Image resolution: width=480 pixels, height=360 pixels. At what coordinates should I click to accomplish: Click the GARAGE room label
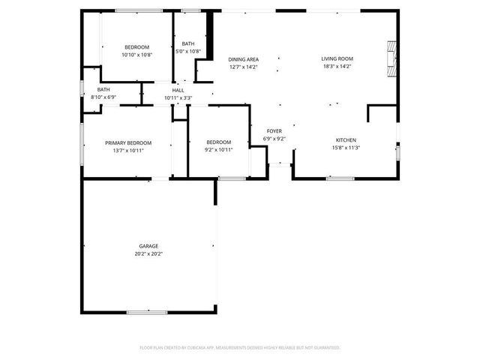pyautogui.click(x=148, y=246)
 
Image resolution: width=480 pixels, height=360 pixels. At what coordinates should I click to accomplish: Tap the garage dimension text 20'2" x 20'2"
pyautogui.click(x=148, y=254)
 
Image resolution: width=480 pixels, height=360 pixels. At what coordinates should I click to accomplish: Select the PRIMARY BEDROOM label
pyautogui.click(x=128, y=142)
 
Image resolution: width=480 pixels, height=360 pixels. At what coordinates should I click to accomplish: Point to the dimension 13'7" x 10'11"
pyautogui.click(x=128, y=151)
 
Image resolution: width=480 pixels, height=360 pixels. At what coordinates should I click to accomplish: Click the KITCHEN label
pyautogui.click(x=346, y=140)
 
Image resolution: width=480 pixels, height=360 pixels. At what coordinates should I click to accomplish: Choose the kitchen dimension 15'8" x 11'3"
pyautogui.click(x=346, y=148)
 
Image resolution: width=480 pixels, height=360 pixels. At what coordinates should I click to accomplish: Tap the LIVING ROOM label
pyautogui.click(x=337, y=58)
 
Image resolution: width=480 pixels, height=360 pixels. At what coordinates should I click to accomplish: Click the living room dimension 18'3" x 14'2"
pyautogui.click(x=337, y=67)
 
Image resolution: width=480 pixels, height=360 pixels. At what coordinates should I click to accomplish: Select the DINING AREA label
pyautogui.click(x=244, y=58)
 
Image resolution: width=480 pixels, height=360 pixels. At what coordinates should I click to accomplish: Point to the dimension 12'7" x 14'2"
pyautogui.click(x=244, y=67)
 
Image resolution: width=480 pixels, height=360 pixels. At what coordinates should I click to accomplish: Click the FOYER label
pyautogui.click(x=274, y=130)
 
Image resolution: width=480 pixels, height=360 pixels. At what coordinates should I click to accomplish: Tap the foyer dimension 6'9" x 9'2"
pyautogui.click(x=274, y=139)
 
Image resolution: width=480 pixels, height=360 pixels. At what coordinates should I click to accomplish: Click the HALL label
pyautogui.click(x=178, y=90)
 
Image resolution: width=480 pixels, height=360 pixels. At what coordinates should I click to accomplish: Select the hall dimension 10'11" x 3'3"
pyautogui.click(x=178, y=98)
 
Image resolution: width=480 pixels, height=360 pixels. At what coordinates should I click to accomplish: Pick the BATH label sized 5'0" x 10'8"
pyautogui.click(x=187, y=43)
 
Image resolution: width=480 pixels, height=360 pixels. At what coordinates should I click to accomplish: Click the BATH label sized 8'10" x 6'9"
pyautogui.click(x=103, y=89)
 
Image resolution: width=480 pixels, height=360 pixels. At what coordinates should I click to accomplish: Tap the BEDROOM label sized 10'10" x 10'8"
pyautogui.click(x=136, y=47)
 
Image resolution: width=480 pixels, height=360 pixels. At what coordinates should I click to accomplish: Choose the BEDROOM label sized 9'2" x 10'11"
pyautogui.click(x=218, y=142)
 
